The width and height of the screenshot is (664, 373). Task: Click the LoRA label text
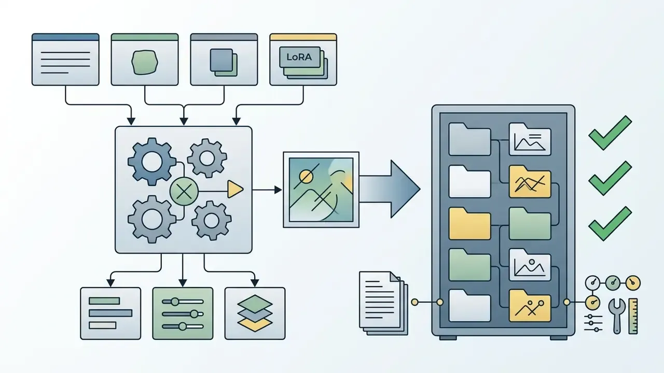[x=299, y=57]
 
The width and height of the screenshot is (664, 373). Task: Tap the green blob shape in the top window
[x=145, y=62]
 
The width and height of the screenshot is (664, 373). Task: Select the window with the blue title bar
[x=65, y=60]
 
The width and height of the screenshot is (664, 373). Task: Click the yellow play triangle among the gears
[x=235, y=190]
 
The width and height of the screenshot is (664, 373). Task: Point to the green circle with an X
[x=184, y=191]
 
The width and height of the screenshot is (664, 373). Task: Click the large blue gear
[x=152, y=162]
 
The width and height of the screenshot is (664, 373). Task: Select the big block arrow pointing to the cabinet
[x=390, y=189]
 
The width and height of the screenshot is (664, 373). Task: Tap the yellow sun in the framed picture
[x=306, y=177]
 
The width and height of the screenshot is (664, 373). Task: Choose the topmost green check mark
[x=610, y=133]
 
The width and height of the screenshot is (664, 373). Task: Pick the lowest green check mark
[x=610, y=224]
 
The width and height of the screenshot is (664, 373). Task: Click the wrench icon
[x=617, y=316]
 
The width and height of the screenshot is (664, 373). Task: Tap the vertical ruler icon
[x=633, y=316]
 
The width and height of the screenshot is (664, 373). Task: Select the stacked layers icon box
[x=255, y=313]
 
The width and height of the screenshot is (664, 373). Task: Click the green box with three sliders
[x=183, y=313]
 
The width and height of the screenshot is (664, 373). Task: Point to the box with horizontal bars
[x=110, y=313]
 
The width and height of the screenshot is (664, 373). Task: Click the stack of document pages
[x=383, y=303]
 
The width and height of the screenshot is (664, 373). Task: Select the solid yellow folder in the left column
[x=469, y=223]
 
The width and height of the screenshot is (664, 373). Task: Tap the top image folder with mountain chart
[x=530, y=139]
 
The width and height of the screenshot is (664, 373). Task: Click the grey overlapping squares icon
[x=224, y=63]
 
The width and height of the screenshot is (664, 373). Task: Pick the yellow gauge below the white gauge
[x=593, y=302]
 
